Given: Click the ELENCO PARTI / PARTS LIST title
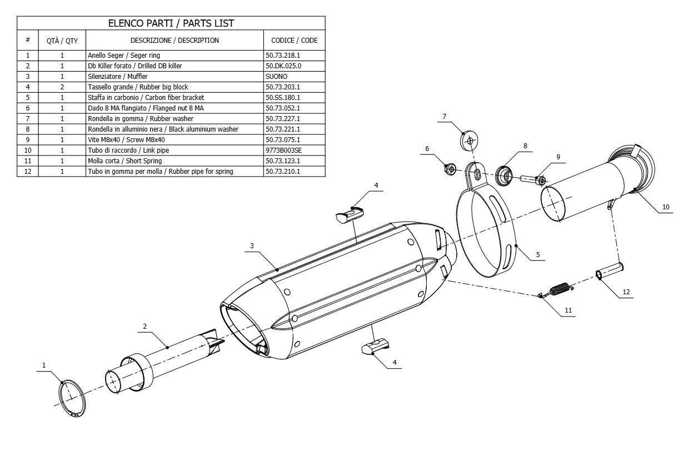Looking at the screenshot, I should [171, 23].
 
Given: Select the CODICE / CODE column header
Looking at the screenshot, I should [294, 41].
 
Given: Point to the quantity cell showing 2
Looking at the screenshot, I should [62, 87].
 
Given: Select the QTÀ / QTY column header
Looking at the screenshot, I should [62, 41].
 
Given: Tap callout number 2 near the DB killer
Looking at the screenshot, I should [144, 327].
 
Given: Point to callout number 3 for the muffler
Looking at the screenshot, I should [252, 245].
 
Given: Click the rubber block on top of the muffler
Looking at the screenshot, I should [349, 214].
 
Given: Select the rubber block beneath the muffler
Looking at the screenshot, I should [375, 346].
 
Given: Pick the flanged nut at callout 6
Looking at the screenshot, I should [450, 168].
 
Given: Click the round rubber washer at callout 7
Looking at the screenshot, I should [470, 140].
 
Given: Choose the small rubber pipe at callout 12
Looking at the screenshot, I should [609, 271].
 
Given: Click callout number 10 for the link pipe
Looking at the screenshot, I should [665, 207].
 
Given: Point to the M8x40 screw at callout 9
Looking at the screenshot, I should [532, 179].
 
